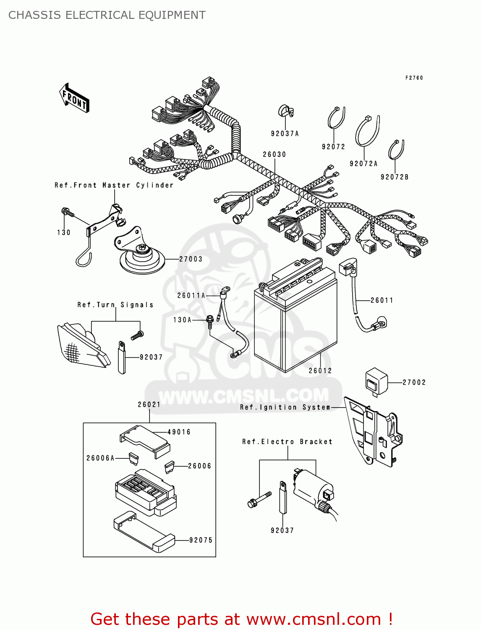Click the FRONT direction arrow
(74, 98)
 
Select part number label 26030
(274, 154)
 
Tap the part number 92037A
(285, 134)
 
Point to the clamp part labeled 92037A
(286, 111)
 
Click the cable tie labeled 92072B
(396, 150)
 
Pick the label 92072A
(363, 164)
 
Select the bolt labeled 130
(66, 212)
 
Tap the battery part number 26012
(320, 371)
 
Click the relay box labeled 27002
(376, 381)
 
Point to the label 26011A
(191, 296)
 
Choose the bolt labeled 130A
(210, 320)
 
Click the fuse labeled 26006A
(133, 458)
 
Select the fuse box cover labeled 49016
(145, 439)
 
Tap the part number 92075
(201, 540)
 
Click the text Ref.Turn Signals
(115, 305)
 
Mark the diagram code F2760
(414, 78)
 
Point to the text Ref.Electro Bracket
(287, 442)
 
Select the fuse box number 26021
(149, 405)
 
